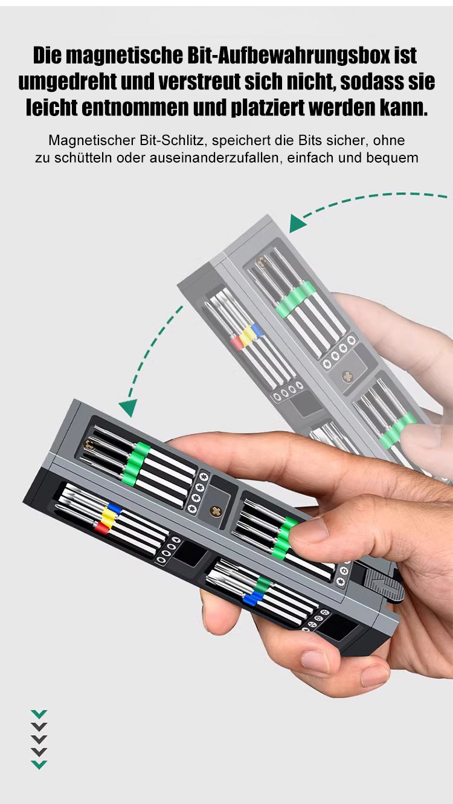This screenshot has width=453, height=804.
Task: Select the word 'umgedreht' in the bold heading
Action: pyautogui.click(x=67, y=82)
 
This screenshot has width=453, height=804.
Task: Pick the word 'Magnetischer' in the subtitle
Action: pyautogui.click(x=91, y=140)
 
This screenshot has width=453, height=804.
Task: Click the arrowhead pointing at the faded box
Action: pyautogui.click(x=297, y=223)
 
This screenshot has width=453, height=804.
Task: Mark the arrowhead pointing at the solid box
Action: pyautogui.click(x=127, y=407)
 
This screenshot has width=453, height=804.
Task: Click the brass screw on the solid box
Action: pyautogui.click(x=216, y=511)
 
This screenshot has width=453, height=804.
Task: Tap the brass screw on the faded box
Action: pyautogui.click(x=347, y=377)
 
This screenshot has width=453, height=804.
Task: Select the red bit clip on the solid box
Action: pyautogui.click(x=102, y=528)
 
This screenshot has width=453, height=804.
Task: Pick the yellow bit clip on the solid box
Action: pyautogui.click(x=108, y=517)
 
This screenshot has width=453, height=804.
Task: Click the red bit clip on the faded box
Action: pyautogui.click(x=237, y=343)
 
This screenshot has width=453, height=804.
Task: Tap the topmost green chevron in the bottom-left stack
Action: pyautogui.click(x=39, y=714)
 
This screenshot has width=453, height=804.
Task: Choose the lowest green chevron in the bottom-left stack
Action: pyautogui.click(x=39, y=765)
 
